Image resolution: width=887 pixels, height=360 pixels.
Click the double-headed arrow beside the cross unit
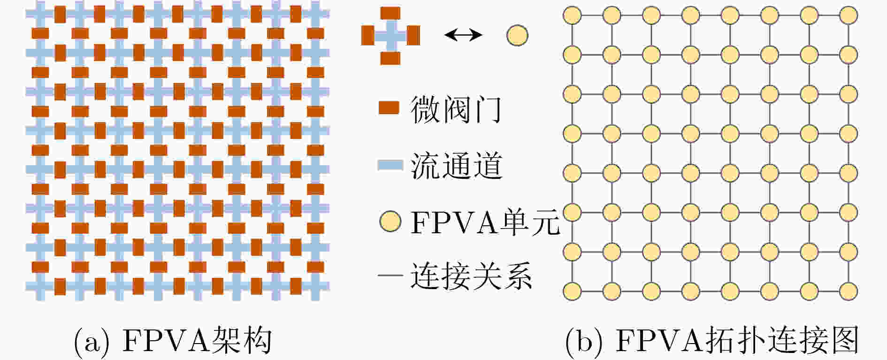(463, 34)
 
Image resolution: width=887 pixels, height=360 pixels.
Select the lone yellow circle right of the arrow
(517, 35)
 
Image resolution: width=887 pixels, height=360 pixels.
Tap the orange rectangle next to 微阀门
(389, 108)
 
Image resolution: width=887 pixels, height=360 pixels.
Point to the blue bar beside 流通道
(390, 165)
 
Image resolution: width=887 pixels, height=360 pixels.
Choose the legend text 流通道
(457, 166)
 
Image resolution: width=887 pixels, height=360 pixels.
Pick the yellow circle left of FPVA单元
(390, 222)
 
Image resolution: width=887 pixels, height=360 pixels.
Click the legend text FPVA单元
(485, 222)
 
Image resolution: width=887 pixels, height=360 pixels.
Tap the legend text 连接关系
(471, 276)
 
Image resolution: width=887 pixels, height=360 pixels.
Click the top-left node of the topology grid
(572, 15)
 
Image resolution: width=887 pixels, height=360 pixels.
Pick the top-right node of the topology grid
(848, 15)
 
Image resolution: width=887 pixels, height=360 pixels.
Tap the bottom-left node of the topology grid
(572, 291)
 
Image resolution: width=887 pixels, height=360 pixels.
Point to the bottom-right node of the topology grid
(848, 291)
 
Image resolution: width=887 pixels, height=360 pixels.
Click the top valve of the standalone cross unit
(390, 13)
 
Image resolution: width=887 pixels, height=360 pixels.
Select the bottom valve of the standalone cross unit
(390, 58)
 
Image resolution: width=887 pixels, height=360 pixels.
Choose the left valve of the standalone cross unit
(367, 35)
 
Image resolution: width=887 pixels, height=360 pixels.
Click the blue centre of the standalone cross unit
(390, 36)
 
